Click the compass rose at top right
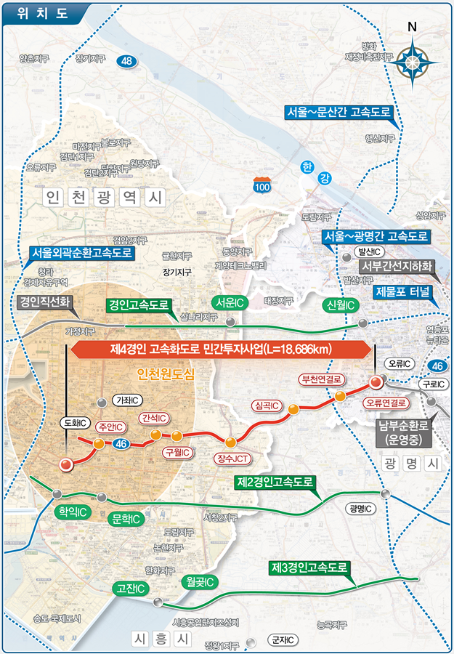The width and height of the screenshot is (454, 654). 413,61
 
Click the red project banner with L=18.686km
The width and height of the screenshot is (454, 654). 220,350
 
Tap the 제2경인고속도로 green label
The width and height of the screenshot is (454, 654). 276,483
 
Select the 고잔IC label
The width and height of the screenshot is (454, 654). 131,588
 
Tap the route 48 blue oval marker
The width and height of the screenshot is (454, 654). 127,62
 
